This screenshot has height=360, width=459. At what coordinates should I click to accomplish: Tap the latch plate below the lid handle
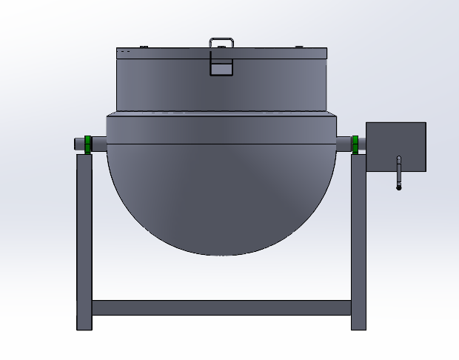221,67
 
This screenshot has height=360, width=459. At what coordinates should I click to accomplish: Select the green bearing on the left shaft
88,144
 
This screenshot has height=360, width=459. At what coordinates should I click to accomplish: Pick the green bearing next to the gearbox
355,144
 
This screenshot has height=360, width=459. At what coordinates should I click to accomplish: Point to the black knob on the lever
398,187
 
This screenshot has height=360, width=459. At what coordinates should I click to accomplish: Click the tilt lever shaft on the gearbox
398,172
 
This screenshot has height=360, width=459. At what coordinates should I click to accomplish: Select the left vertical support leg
84,237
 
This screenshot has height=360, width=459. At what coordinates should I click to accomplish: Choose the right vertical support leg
358,237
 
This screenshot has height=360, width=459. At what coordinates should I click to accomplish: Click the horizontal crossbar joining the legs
221,307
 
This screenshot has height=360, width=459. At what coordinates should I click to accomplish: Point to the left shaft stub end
78,144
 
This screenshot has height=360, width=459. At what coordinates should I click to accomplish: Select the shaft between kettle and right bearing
344,142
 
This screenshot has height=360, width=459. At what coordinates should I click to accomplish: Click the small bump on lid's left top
144,47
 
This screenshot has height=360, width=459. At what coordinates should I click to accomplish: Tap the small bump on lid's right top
299,47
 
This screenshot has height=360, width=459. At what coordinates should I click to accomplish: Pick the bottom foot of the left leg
84,324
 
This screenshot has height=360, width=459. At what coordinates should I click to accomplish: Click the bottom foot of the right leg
358,324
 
